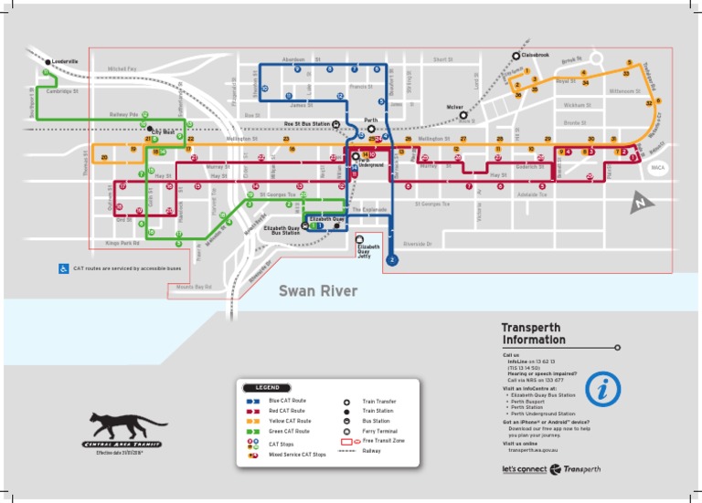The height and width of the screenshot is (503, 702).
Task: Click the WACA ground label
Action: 657,169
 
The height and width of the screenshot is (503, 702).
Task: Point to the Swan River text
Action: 318,292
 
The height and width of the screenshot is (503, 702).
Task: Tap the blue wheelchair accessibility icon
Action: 63,268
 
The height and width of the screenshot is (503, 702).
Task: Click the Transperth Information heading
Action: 533,334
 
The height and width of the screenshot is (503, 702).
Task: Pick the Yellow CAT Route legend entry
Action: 290,421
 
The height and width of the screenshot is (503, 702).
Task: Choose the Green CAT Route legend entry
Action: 289,431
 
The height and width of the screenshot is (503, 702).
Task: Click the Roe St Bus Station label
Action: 306,123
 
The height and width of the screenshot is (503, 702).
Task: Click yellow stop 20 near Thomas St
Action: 104,158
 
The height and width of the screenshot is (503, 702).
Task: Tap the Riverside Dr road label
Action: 422,244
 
